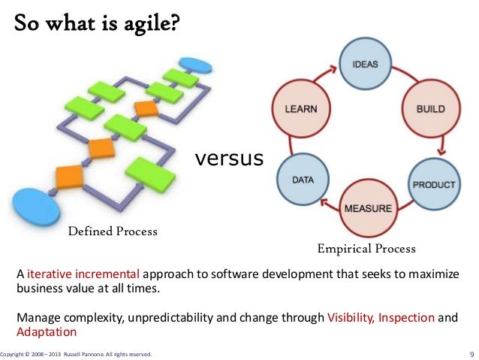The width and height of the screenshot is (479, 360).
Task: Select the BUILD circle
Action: (x=430, y=110)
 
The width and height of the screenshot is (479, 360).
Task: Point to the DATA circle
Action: (x=301, y=180)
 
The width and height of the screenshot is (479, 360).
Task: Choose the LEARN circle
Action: (x=300, y=109)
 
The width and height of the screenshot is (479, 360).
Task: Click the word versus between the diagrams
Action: (x=229, y=159)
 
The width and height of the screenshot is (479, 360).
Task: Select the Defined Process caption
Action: (x=113, y=231)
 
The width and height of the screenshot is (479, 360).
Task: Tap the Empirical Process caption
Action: (x=366, y=248)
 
